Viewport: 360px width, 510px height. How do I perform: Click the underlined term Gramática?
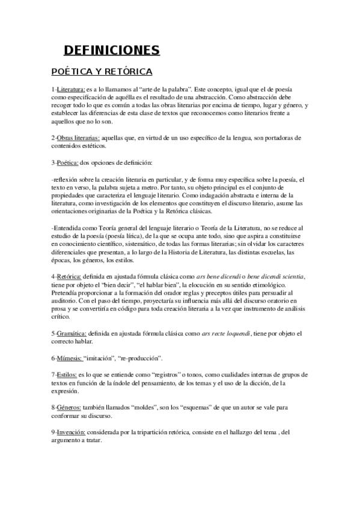tap(70, 333)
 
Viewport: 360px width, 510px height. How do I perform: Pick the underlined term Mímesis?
tap(68, 358)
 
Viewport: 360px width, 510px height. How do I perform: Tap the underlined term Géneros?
tap(68, 407)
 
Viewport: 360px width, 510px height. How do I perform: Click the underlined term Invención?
tap(71, 432)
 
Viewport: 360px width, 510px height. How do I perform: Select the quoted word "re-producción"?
tap(143, 358)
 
